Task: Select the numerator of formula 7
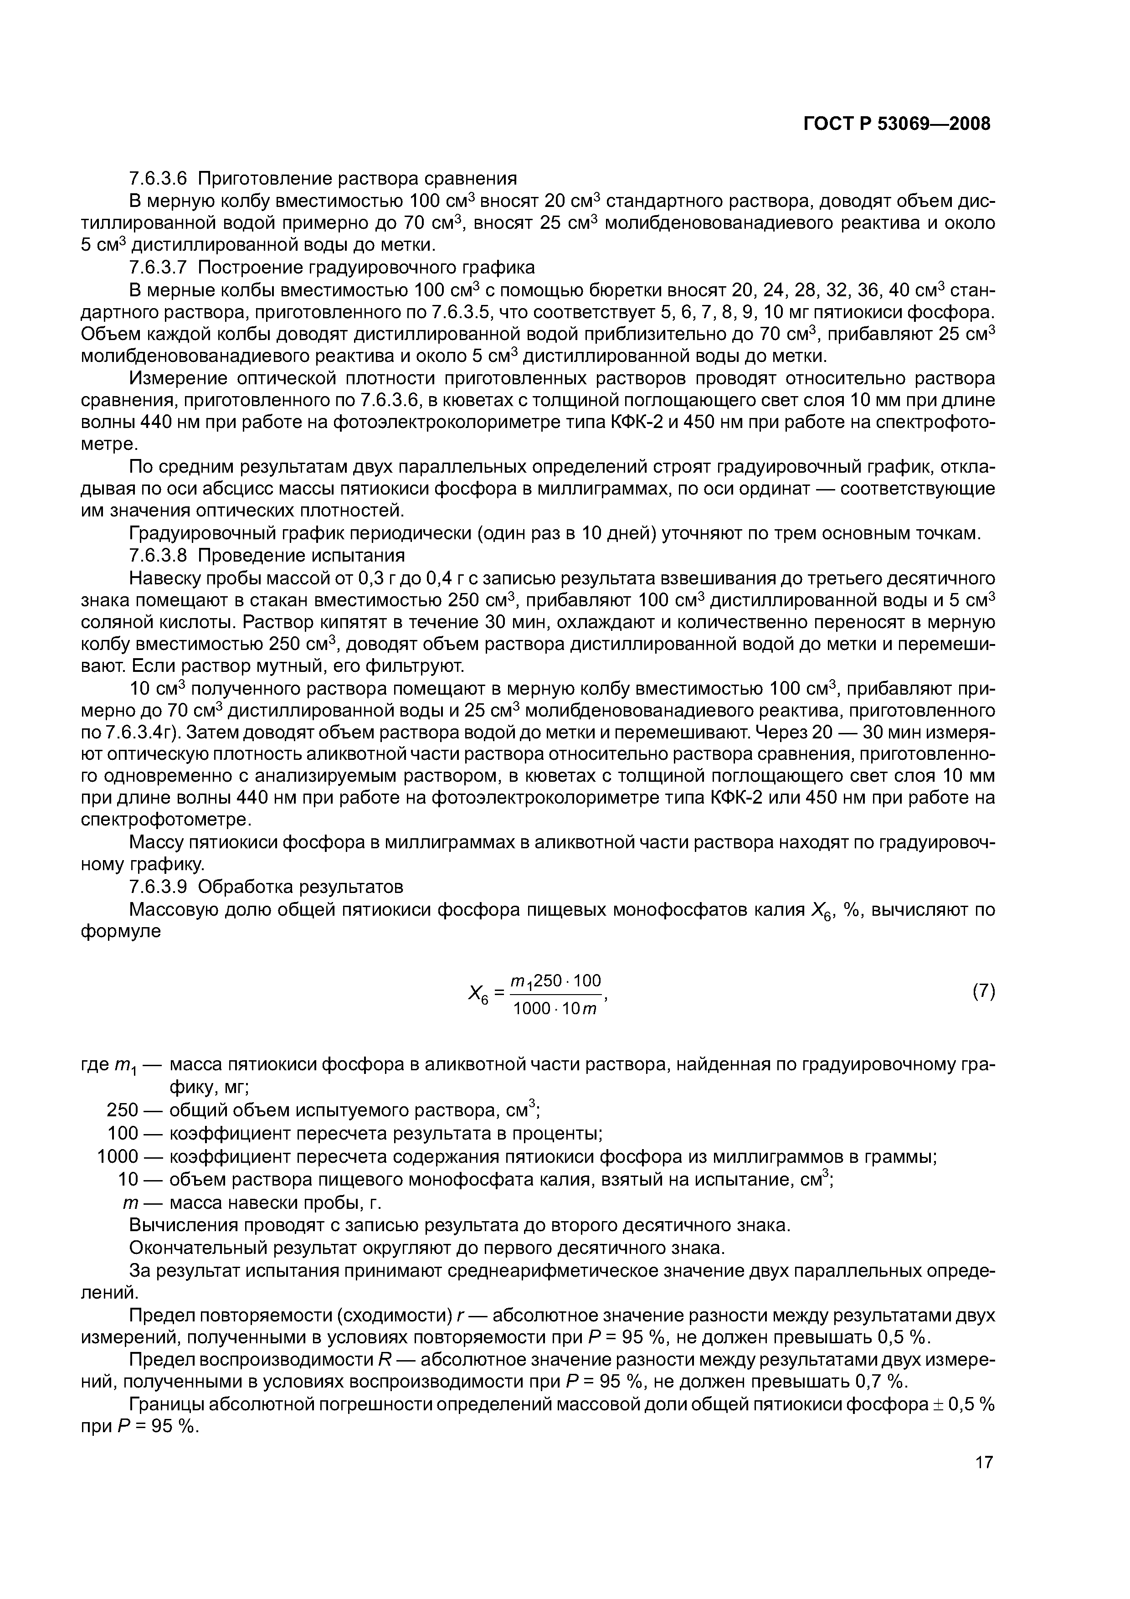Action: tap(555, 980)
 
